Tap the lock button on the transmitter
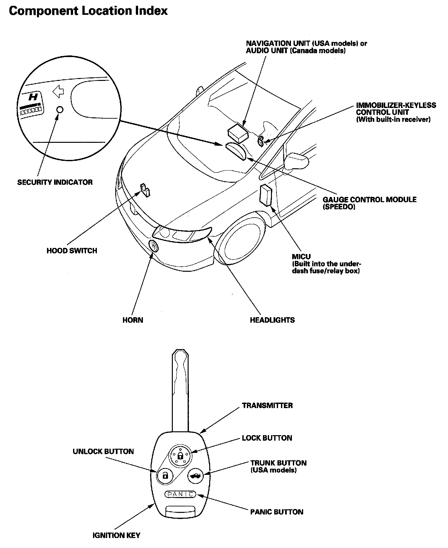(180, 455)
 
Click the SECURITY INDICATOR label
(55, 182)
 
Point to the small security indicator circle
(60, 110)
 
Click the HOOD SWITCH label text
(71, 250)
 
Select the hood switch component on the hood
(145, 190)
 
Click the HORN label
(133, 320)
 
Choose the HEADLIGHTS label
(272, 320)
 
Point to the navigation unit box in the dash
(238, 132)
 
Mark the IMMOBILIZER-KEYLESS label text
(396, 105)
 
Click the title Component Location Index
(88, 11)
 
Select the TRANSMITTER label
(267, 406)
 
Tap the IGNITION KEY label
(116, 535)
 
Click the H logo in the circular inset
(33, 97)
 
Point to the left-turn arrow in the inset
(58, 92)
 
